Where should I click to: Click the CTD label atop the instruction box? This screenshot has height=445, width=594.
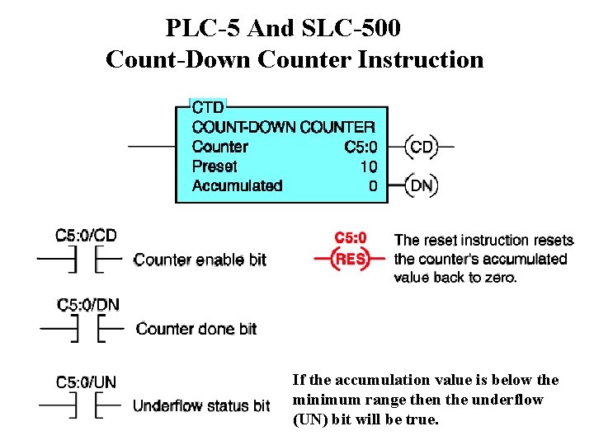click(x=208, y=108)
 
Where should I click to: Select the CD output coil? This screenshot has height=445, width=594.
click(x=421, y=148)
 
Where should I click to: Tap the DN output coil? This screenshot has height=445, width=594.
click(x=421, y=185)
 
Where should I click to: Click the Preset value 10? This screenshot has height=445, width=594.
click(x=368, y=166)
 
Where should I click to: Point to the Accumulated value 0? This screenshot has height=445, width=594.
click(x=373, y=186)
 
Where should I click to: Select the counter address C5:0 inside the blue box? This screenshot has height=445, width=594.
click(x=361, y=148)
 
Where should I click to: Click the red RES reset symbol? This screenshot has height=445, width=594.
click(x=349, y=259)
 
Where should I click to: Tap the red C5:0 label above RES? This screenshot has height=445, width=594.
click(x=351, y=238)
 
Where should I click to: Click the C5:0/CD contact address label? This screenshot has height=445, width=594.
click(x=86, y=236)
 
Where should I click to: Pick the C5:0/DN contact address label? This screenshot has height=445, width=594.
click(x=87, y=305)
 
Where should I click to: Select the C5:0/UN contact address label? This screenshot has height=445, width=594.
click(x=86, y=382)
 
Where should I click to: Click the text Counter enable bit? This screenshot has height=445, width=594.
click(x=200, y=260)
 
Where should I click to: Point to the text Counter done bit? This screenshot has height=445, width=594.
click(x=196, y=329)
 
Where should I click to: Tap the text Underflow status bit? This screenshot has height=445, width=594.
click(x=201, y=406)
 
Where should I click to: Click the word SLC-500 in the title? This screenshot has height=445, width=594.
click(x=350, y=28)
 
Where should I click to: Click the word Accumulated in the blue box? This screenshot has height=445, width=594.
click(x=237, y=186)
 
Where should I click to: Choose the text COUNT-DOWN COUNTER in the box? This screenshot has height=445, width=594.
click(x=283, y=127)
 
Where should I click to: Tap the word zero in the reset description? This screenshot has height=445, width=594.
click(x=497, y=277)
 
